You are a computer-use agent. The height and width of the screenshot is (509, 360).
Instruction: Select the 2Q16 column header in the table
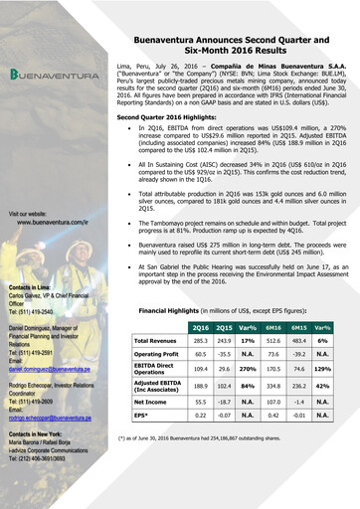(201, 328)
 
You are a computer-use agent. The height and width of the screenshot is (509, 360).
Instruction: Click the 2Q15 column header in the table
(225, 328)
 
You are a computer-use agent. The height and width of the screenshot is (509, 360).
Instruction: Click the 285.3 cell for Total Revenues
(201, 341)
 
